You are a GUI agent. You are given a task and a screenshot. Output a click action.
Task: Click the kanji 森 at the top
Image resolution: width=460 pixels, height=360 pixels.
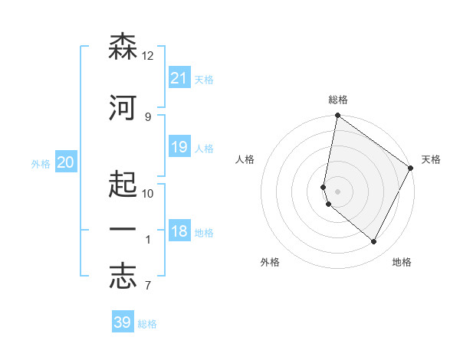[123, 47]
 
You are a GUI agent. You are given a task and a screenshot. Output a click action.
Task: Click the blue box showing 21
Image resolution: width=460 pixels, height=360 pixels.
[179, 78]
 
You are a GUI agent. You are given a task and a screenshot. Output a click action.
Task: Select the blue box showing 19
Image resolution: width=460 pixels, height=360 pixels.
[179, 147]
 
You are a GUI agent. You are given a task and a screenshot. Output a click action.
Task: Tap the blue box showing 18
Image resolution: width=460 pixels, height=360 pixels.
[179, 231]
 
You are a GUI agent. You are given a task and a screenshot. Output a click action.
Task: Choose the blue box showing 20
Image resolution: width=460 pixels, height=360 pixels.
[65, 162]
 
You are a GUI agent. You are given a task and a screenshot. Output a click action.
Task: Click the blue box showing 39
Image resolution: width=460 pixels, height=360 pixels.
[122, 322]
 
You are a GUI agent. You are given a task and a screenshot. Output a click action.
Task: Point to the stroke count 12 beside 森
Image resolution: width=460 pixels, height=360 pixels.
[148, 55]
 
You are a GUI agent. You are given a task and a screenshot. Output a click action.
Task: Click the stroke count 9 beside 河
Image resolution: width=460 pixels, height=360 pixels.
[148, 116]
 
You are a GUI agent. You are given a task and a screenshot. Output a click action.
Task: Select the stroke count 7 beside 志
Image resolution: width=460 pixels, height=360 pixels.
[148, 286]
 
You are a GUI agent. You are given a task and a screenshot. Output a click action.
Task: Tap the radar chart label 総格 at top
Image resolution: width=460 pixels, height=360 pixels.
[338, 100]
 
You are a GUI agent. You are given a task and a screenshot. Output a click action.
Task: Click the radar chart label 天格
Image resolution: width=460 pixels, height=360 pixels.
[431, 159]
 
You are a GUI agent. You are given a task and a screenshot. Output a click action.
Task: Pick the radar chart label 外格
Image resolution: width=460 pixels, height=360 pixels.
[270, 262]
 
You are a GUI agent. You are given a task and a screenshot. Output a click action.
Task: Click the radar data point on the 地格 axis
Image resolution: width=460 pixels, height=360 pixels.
[374, 242]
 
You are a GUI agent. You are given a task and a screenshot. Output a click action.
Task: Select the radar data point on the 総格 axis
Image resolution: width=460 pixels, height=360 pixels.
[337, 116]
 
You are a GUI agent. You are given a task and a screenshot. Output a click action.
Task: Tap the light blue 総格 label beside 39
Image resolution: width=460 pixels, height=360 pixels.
[147, 324]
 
